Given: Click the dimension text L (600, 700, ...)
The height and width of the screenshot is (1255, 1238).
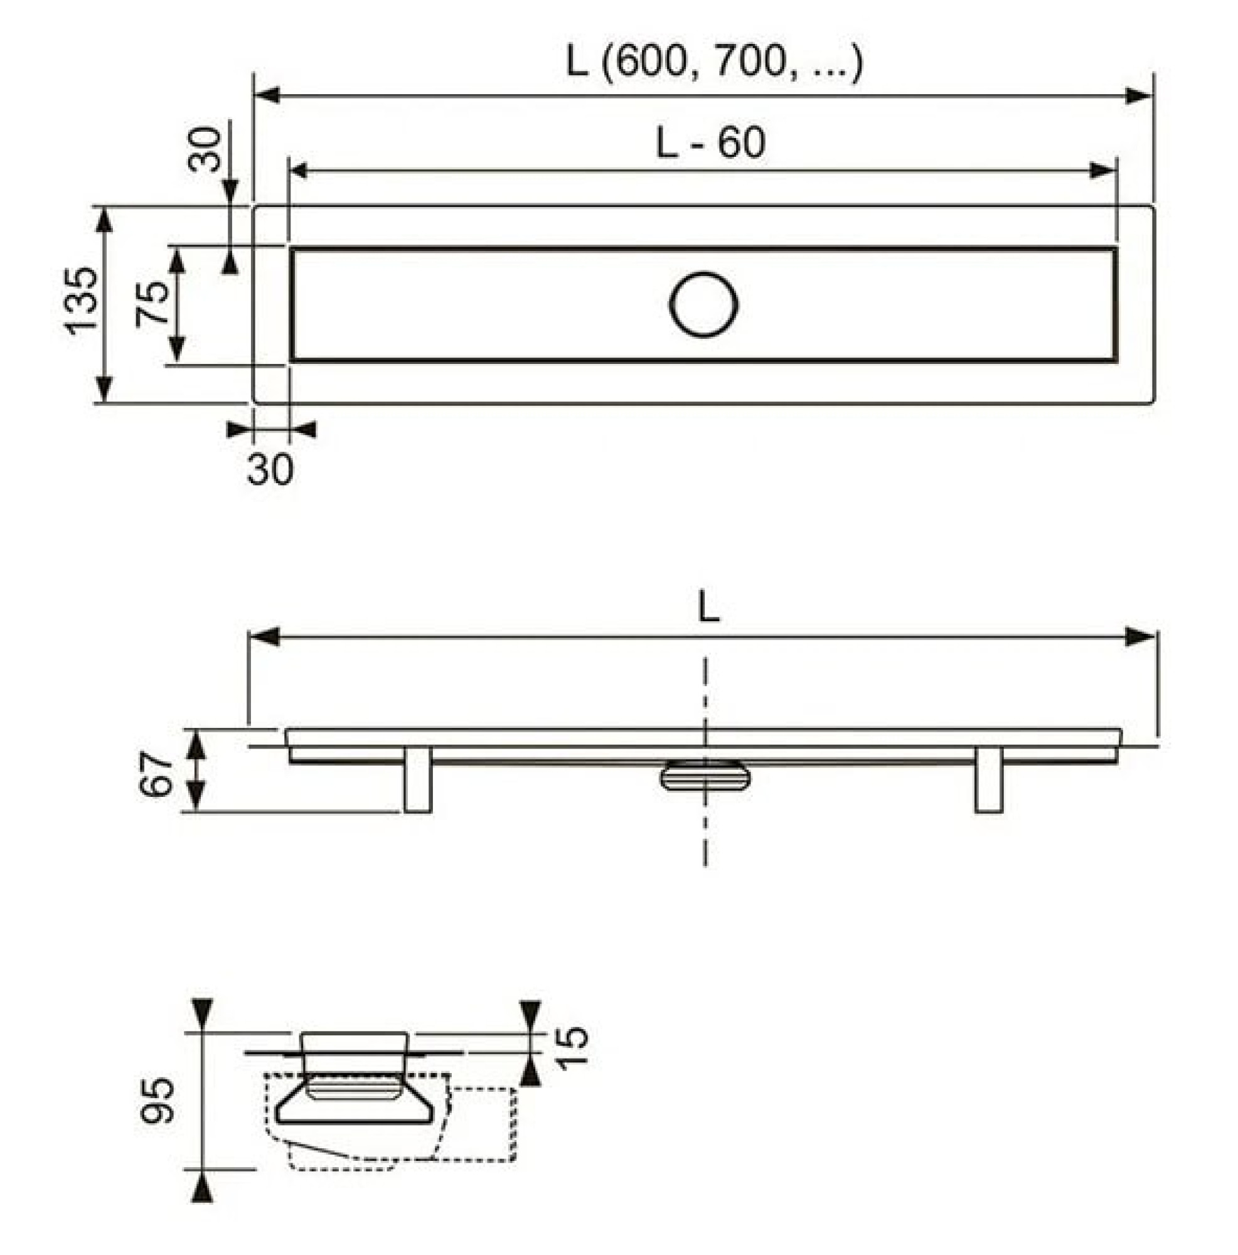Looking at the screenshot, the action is point(714,63).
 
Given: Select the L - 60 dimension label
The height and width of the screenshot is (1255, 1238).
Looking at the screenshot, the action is point(710,142).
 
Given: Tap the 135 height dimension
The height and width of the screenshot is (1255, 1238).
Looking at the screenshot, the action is point(82,301).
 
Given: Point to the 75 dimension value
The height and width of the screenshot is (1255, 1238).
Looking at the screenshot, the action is point(152,303).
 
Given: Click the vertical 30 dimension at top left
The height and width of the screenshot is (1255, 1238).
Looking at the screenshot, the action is point(205,149).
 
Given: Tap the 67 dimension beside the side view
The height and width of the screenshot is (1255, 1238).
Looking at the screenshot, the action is point(156,773).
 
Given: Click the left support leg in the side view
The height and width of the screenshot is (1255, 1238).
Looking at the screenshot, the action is point(417,779).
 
